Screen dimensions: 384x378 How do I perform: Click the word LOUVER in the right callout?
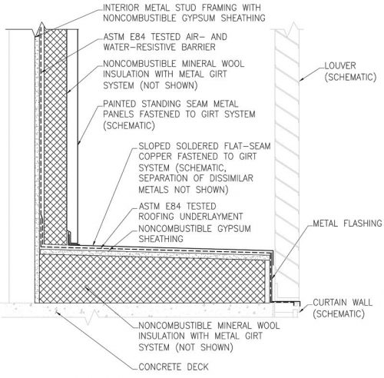(340, 65)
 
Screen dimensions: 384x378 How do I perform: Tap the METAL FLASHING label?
(348, 224)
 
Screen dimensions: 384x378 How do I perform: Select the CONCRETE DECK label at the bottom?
(174, 366)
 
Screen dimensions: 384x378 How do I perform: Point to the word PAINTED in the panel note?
(120, 104)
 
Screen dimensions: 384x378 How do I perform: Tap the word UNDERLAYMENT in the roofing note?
(211, 217)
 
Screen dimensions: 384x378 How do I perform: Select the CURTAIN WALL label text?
(343, 303)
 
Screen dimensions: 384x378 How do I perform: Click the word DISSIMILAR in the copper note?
(231, 178)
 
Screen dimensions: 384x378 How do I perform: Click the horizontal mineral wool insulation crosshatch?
(153, 279)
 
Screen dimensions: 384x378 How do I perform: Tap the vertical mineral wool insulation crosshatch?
(55, 137)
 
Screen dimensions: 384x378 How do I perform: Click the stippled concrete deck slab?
(154, 310)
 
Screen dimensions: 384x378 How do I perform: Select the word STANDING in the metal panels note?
(161, 104)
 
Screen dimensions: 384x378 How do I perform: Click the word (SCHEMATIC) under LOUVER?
(350, 77)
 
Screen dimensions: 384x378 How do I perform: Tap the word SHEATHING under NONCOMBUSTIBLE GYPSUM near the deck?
(161, 239)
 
